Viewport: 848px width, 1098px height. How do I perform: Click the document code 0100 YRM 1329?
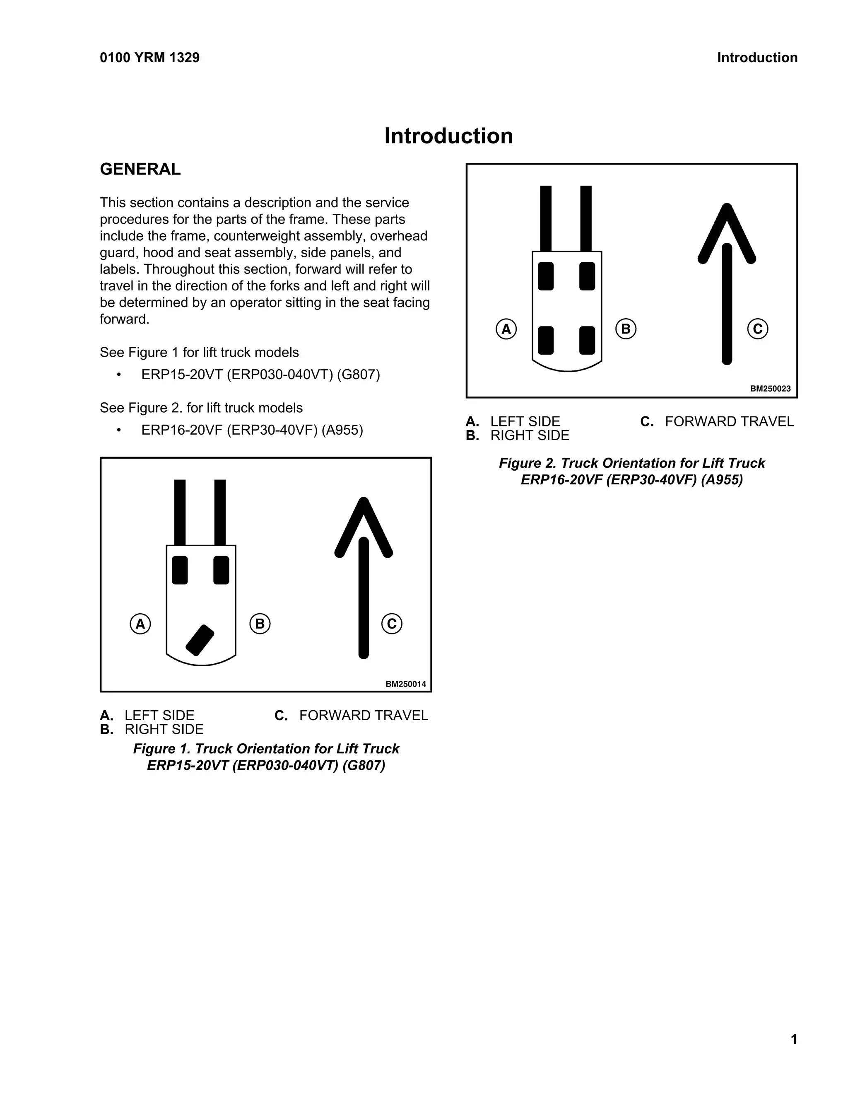click(x=150, y=58)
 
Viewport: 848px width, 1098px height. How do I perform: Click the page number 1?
click(x=794, y=1039)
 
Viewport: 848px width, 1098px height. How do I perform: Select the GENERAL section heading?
click(x=140, y=169)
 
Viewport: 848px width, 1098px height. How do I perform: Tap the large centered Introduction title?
click(x=448, y=136)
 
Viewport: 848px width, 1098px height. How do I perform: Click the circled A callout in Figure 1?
click(x=140, y=624)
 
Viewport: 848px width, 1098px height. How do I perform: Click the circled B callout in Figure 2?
click(x=626, y=329)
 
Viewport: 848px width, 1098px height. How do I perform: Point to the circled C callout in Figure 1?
click(x=391, y=624)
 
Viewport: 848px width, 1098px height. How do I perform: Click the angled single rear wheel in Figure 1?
click(x=200, y=640)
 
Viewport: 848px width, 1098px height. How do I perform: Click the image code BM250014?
click(x=405, y=684)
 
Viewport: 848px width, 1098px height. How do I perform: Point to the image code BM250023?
click(x=770, y=389)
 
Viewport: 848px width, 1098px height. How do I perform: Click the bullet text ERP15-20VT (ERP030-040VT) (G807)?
click(x=260, y=375)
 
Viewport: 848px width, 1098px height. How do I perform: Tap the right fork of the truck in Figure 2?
click(x=586, y=218)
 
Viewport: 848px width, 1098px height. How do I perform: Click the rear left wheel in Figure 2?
click(x=546, y=340)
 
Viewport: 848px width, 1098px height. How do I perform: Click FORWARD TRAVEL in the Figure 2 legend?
click(x=729, y=421)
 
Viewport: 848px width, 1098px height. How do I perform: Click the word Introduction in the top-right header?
click(x=756, y=58)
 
